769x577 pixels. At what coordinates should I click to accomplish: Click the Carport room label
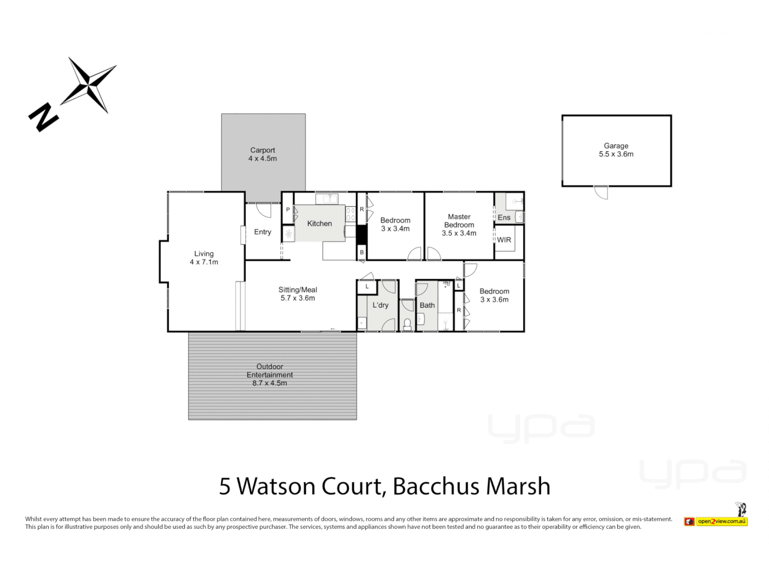(x=262, y=154)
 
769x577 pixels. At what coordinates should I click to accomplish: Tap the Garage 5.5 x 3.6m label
(x=616, y=150)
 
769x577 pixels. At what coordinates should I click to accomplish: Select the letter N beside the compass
(x=43, y=117)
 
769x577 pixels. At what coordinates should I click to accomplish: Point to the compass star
(x=89, y=85)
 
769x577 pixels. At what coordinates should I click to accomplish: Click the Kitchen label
(x=319, y=223)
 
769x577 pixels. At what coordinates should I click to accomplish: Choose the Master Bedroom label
(x=459, y=224)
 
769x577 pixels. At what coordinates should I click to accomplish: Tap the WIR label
(x=504, y=240)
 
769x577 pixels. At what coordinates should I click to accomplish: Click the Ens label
(x=504, y=217)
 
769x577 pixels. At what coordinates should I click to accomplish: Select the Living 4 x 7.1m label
(x=204, y=258)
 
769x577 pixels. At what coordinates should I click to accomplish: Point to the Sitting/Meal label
(x=297, y=294)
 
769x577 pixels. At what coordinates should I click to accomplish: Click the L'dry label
(x=380, y=305)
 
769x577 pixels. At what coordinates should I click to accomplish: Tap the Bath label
(x=427, y=305)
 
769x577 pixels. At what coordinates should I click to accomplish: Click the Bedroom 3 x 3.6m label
(x=494, y=295)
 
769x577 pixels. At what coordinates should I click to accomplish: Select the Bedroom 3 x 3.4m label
(x=395, y=224)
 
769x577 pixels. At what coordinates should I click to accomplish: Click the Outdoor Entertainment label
(x=270, y=375)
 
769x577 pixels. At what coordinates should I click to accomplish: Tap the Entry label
(x=262, y=232)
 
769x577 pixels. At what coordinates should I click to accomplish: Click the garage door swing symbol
(x=601, y=192)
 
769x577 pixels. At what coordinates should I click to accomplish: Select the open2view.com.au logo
(x=716, y=521)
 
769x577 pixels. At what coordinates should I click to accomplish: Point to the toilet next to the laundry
(x=407, y=324)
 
